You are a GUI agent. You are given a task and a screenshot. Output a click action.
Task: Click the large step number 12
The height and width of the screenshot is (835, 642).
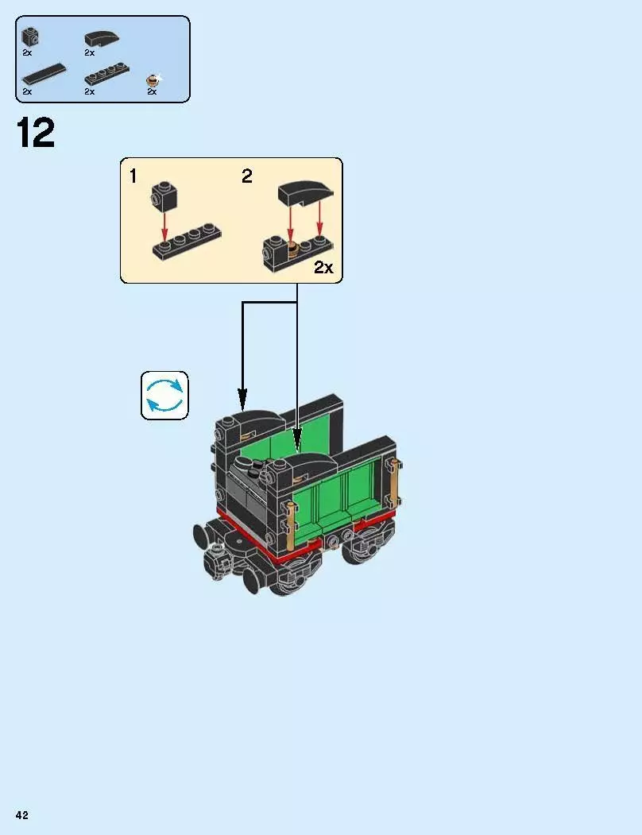click(36, 133)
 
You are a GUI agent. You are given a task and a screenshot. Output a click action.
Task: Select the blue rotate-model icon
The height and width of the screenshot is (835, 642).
click(164, 395)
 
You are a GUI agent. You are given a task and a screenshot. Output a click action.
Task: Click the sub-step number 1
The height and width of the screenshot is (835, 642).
click(133, 176)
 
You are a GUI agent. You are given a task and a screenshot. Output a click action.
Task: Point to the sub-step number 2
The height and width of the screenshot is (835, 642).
click(247, 176)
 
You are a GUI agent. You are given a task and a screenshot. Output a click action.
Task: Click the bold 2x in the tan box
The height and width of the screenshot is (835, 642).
click(323, 267)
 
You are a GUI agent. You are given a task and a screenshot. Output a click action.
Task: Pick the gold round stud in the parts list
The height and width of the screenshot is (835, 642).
click(153, 79)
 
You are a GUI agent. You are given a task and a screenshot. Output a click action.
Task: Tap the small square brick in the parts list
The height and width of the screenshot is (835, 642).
click(31, 37)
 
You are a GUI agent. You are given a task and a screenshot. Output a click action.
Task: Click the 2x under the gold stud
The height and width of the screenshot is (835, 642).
click(152, 92)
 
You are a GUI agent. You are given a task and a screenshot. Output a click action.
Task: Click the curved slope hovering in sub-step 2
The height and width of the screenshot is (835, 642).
click(306, 194)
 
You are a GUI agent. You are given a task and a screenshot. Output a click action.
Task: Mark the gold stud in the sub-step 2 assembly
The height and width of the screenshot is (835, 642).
click(293, 246)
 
